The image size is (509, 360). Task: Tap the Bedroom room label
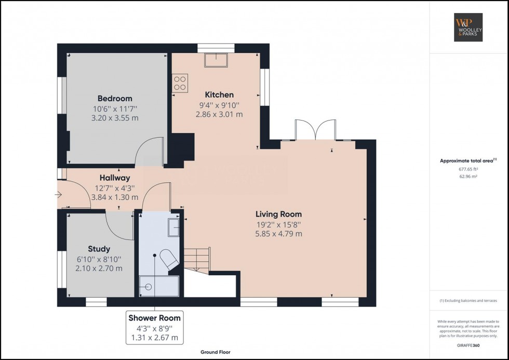point(115,98)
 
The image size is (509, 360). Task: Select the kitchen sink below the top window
point(216,61)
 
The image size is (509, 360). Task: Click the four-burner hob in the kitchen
point(180,83)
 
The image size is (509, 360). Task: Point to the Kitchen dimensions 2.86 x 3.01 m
point(219,114)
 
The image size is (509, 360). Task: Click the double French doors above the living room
point(314,130)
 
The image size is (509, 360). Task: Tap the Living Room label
point(278,214)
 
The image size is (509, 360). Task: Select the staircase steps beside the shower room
point(197,259)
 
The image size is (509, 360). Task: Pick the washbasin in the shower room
point(173,226)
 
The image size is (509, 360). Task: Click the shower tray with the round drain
point(158,286)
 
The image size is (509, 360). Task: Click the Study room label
point(99,249)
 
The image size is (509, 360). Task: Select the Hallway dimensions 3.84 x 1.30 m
point(115,197)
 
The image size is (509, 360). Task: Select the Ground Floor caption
point(216,352)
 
